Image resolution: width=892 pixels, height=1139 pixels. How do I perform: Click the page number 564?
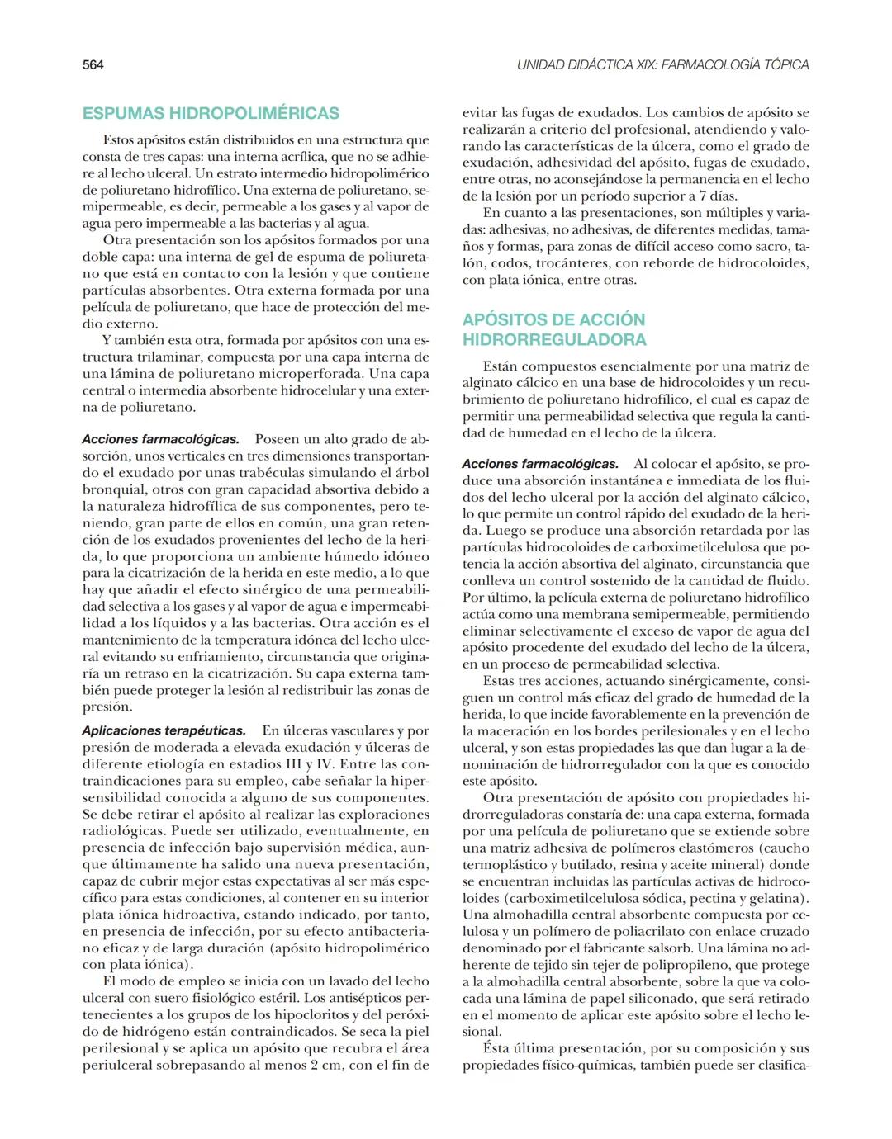pos(93,65)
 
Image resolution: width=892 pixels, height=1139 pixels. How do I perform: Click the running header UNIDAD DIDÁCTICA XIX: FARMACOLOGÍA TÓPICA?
pos(662,65)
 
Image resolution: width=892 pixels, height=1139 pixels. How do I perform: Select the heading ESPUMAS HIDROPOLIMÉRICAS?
pos(211,113)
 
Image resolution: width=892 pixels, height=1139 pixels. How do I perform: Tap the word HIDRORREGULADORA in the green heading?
pos(554,340)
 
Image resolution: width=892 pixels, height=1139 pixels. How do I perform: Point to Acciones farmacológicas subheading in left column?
pos(160,439)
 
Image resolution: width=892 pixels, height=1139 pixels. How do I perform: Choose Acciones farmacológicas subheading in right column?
pos(540,464)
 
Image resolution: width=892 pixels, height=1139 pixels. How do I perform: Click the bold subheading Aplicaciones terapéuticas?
pos(164,730)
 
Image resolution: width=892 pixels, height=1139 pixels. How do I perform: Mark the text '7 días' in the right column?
pos(716,196)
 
